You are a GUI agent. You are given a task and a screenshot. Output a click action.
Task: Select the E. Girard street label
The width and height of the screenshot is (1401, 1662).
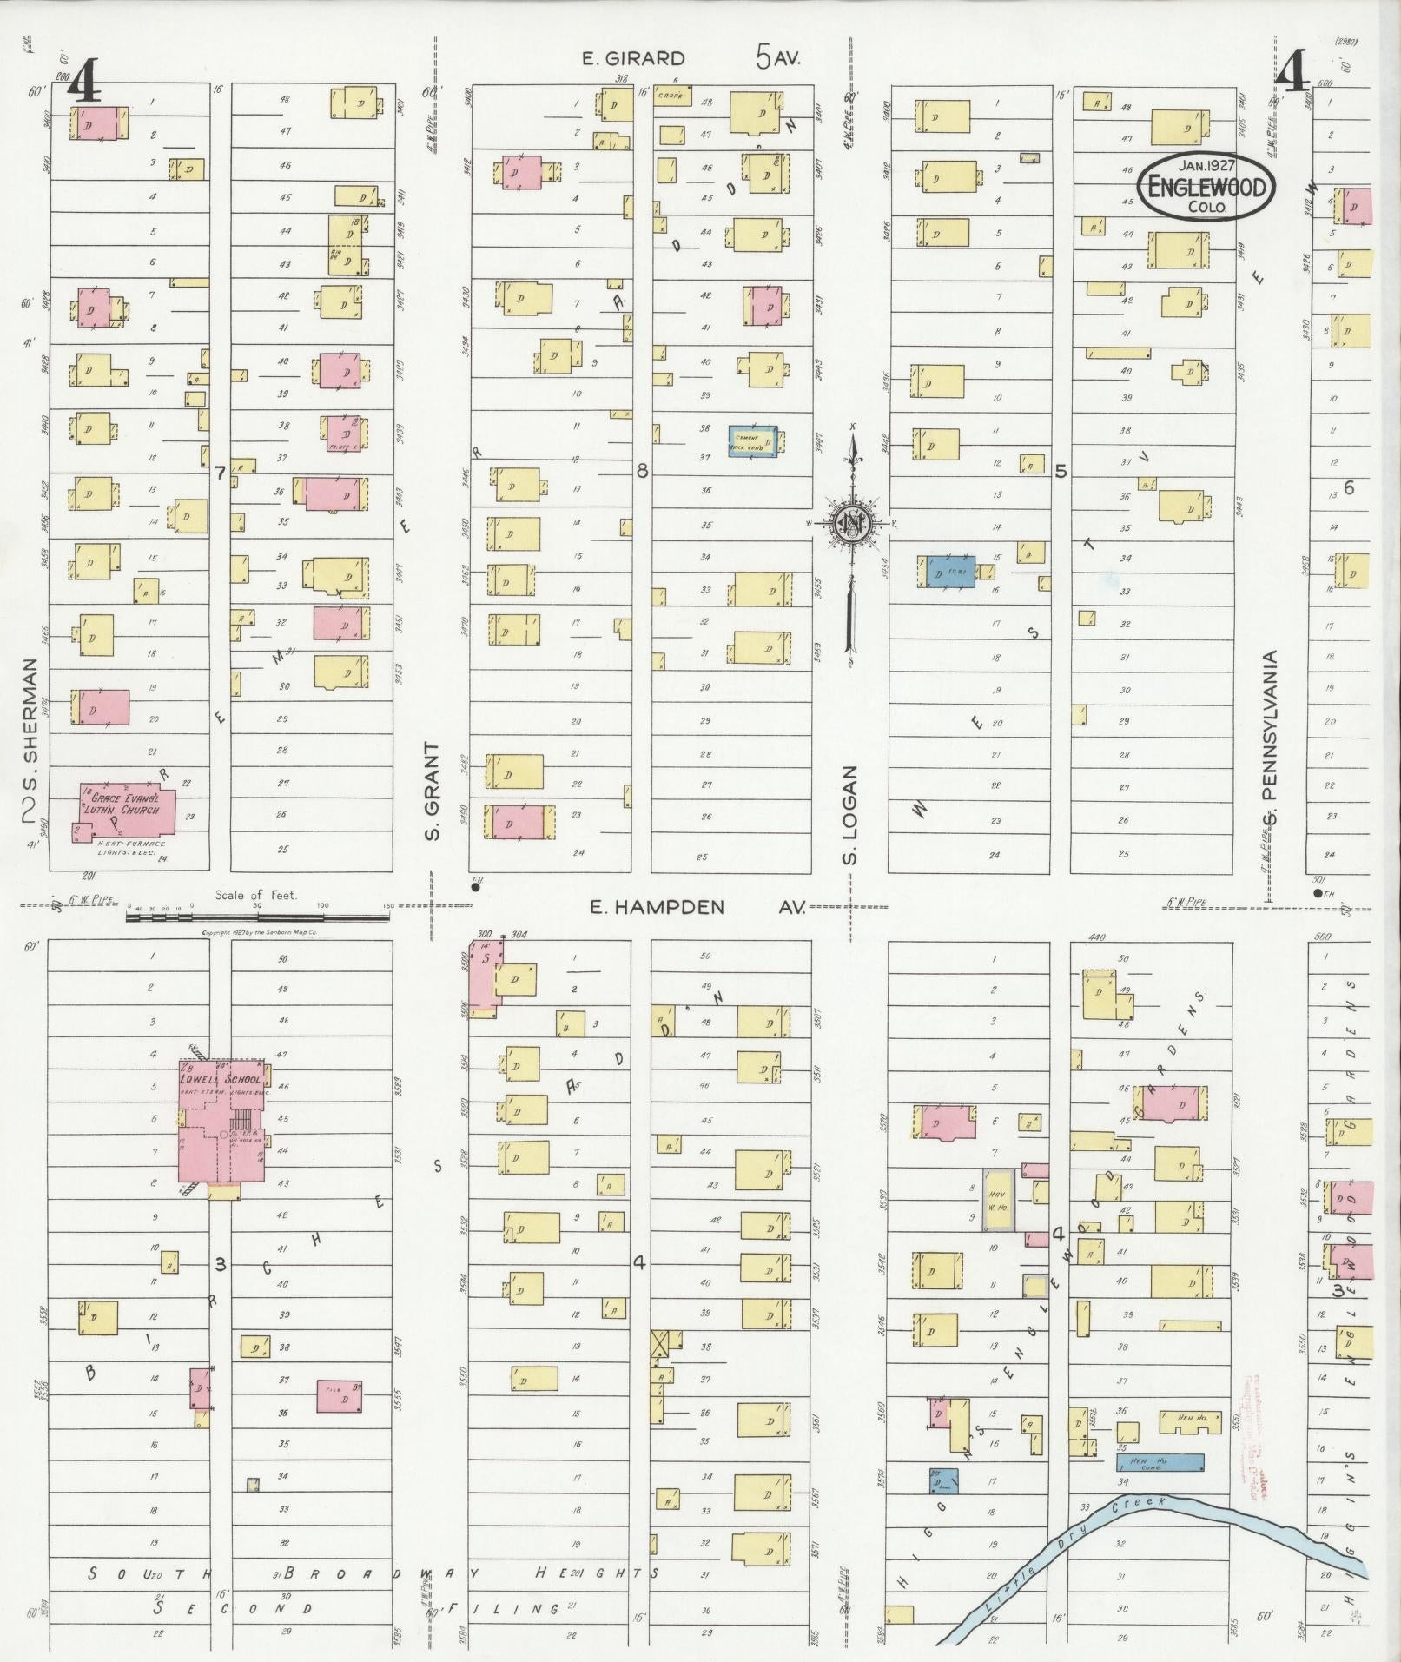point(633,59)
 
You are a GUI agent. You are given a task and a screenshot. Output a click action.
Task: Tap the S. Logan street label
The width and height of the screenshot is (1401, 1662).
point(851,815)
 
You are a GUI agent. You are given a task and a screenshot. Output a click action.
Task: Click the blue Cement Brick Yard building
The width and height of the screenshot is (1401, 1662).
point(752,440)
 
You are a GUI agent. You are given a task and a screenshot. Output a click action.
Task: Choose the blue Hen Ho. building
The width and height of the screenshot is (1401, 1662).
point(1160,1463)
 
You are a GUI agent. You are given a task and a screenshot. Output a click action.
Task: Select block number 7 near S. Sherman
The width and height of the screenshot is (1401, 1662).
point(221,473)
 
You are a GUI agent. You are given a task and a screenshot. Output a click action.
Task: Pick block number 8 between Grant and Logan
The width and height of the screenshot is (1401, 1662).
point(642,472)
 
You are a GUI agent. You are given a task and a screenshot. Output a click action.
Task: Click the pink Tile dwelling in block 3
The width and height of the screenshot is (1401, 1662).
point(340,1396)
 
